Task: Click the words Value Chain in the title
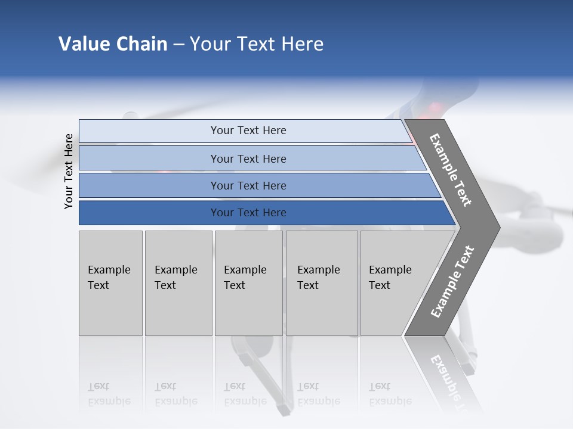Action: coord(113,44)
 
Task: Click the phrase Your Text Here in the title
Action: coord(257,44)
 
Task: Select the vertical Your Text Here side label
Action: coord(69,171)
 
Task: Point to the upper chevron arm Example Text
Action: coord(451,170)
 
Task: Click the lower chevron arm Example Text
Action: coord(452,281)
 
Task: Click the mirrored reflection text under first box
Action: coord(109,394)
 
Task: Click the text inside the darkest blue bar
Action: coord(248,213)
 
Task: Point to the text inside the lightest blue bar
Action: coord(248,130)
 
